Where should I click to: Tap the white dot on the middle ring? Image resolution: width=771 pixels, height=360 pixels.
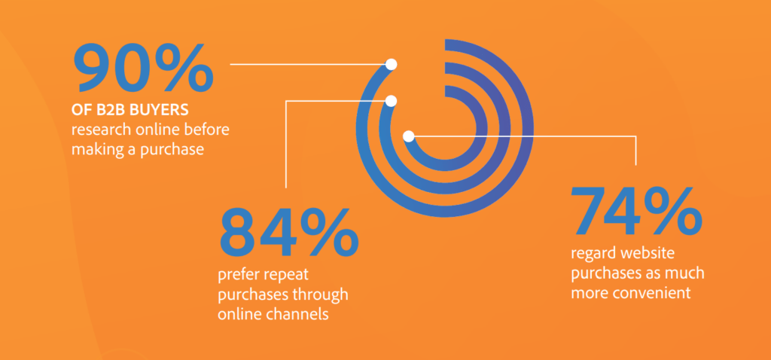point(391,101)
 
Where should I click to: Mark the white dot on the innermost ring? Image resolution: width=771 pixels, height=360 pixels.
point(409,136)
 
